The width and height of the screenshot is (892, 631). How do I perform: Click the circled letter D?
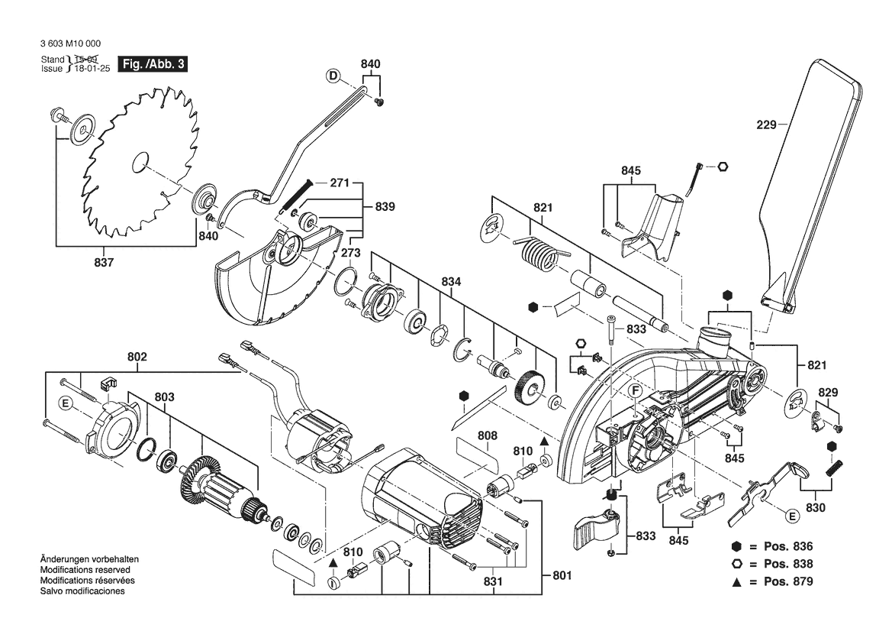coord(333,75)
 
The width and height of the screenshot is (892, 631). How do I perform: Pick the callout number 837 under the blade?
coord(104,263)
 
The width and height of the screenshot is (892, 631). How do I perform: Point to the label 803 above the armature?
coord(164,396)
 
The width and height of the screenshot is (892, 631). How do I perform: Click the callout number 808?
coord(488,435)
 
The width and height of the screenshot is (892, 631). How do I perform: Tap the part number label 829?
coord(828,392)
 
